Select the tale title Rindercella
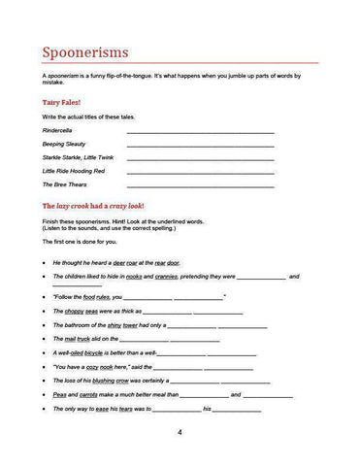click(x=59, y=129)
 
